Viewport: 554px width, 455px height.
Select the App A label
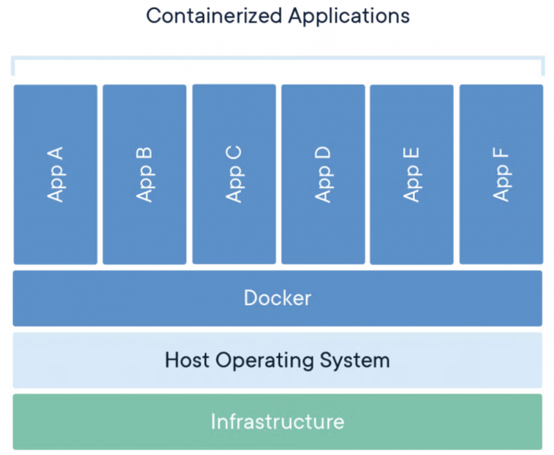tap(56, 174)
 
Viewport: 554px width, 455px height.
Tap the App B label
tap(145, 174)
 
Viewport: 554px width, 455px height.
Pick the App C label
tap(234, 174)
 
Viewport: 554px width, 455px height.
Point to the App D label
tap(323, 174)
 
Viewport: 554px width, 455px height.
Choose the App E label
tap(412, 174)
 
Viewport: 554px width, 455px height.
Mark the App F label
tap(501, 174)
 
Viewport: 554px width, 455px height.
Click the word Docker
tap(277, 297)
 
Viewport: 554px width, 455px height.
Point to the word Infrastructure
tap(277, 422)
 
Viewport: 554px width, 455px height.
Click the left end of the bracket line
tap(13, 67)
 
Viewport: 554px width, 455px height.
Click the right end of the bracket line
tap(541, 67)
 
